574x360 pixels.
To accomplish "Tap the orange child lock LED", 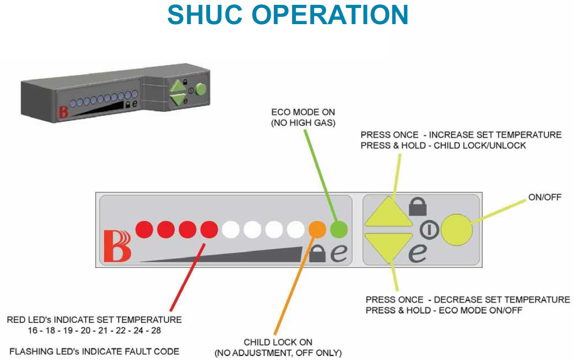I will pos(317,229).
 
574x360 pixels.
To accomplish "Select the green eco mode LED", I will pos(339,229).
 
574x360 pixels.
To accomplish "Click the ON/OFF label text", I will pos(545,198).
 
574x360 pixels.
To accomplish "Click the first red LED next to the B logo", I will pos(145,229).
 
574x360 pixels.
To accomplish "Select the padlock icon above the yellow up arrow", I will pos(417,207).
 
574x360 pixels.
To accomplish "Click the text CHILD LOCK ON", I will pos(278,342).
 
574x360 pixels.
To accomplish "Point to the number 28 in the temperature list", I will pos(156,330).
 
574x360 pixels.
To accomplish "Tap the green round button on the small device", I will pos(200,90).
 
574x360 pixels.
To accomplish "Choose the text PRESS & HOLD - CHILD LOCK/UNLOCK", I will pos(443,145).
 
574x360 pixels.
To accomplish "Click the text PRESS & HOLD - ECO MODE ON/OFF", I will pos(444,310).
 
